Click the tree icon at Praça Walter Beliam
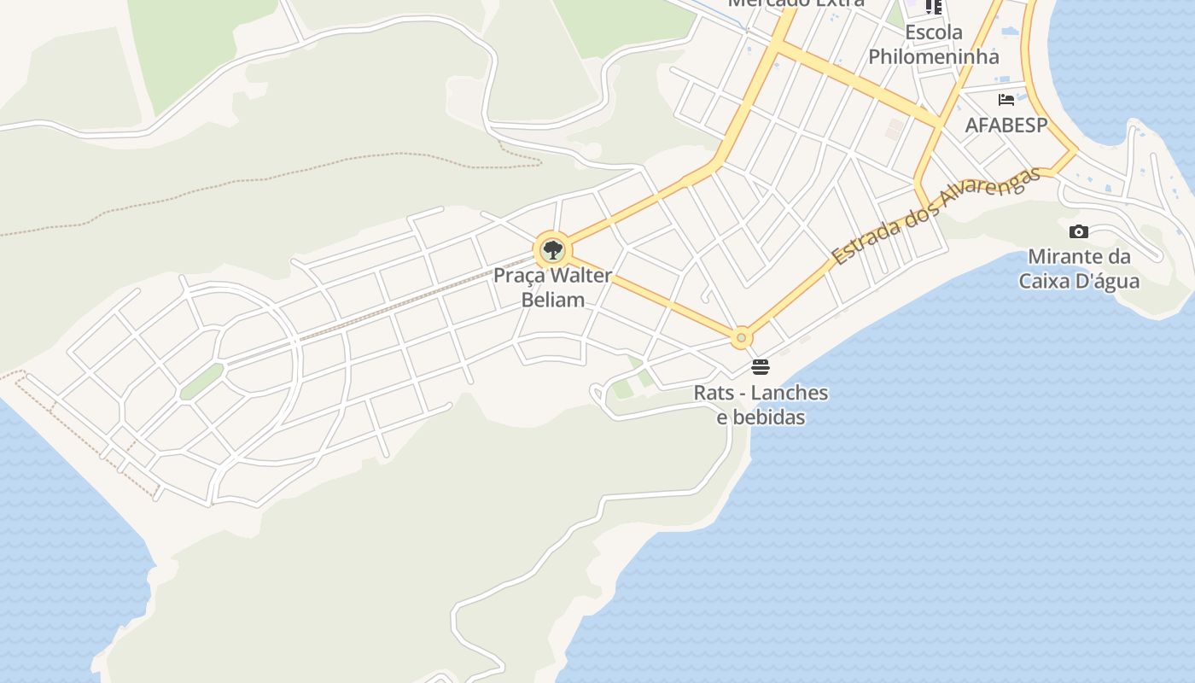click(x=552, y=250)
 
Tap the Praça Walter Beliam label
click(x=553, y=288)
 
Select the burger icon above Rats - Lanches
click(x=760, y=367)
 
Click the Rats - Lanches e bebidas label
click(x=761, y=405)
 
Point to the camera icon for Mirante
click(x=1079, y=231)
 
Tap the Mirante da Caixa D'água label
click(x=1079, y=268)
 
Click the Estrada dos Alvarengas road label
click(x=936, y=214)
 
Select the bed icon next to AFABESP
click(x=1006, y=99)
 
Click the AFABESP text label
click(x=1006, y=125)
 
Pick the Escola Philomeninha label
click(x=934, y=44)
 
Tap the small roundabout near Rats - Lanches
click(x=741, y=338)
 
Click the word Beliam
click(x=553, y=300)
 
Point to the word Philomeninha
click(x=934, y=57)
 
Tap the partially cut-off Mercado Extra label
click(x=796, y=3)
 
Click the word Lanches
click(x=784, y=393)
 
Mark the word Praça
click(x=517, y=276)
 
